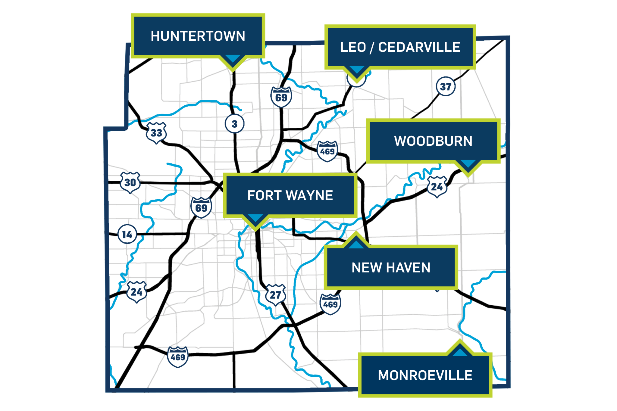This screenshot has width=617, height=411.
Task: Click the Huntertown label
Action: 198,36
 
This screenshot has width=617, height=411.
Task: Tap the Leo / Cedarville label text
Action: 400,47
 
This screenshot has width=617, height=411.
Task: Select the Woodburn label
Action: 433,141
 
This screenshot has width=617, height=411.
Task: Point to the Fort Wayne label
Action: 290,195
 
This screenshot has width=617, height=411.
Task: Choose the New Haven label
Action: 391,268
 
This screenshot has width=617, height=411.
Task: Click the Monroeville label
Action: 425,375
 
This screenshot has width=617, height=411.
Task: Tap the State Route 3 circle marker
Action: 234,124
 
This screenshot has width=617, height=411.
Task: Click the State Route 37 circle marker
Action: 446,87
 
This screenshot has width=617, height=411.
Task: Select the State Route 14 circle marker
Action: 127,234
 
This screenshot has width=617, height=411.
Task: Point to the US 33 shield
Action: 156,133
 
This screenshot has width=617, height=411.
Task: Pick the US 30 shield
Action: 130,182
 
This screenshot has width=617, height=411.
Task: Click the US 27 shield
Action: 275,295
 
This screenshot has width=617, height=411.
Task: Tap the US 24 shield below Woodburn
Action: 437,187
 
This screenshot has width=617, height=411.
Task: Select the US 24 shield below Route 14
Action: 137,292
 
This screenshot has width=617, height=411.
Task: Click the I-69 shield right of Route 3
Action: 281,97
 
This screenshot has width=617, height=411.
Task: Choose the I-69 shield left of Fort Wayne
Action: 201,207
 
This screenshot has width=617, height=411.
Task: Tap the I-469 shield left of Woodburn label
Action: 327,151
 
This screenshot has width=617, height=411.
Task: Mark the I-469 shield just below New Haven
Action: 330,304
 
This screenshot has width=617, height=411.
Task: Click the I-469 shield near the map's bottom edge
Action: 178,357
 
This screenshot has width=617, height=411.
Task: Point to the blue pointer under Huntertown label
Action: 233,59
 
